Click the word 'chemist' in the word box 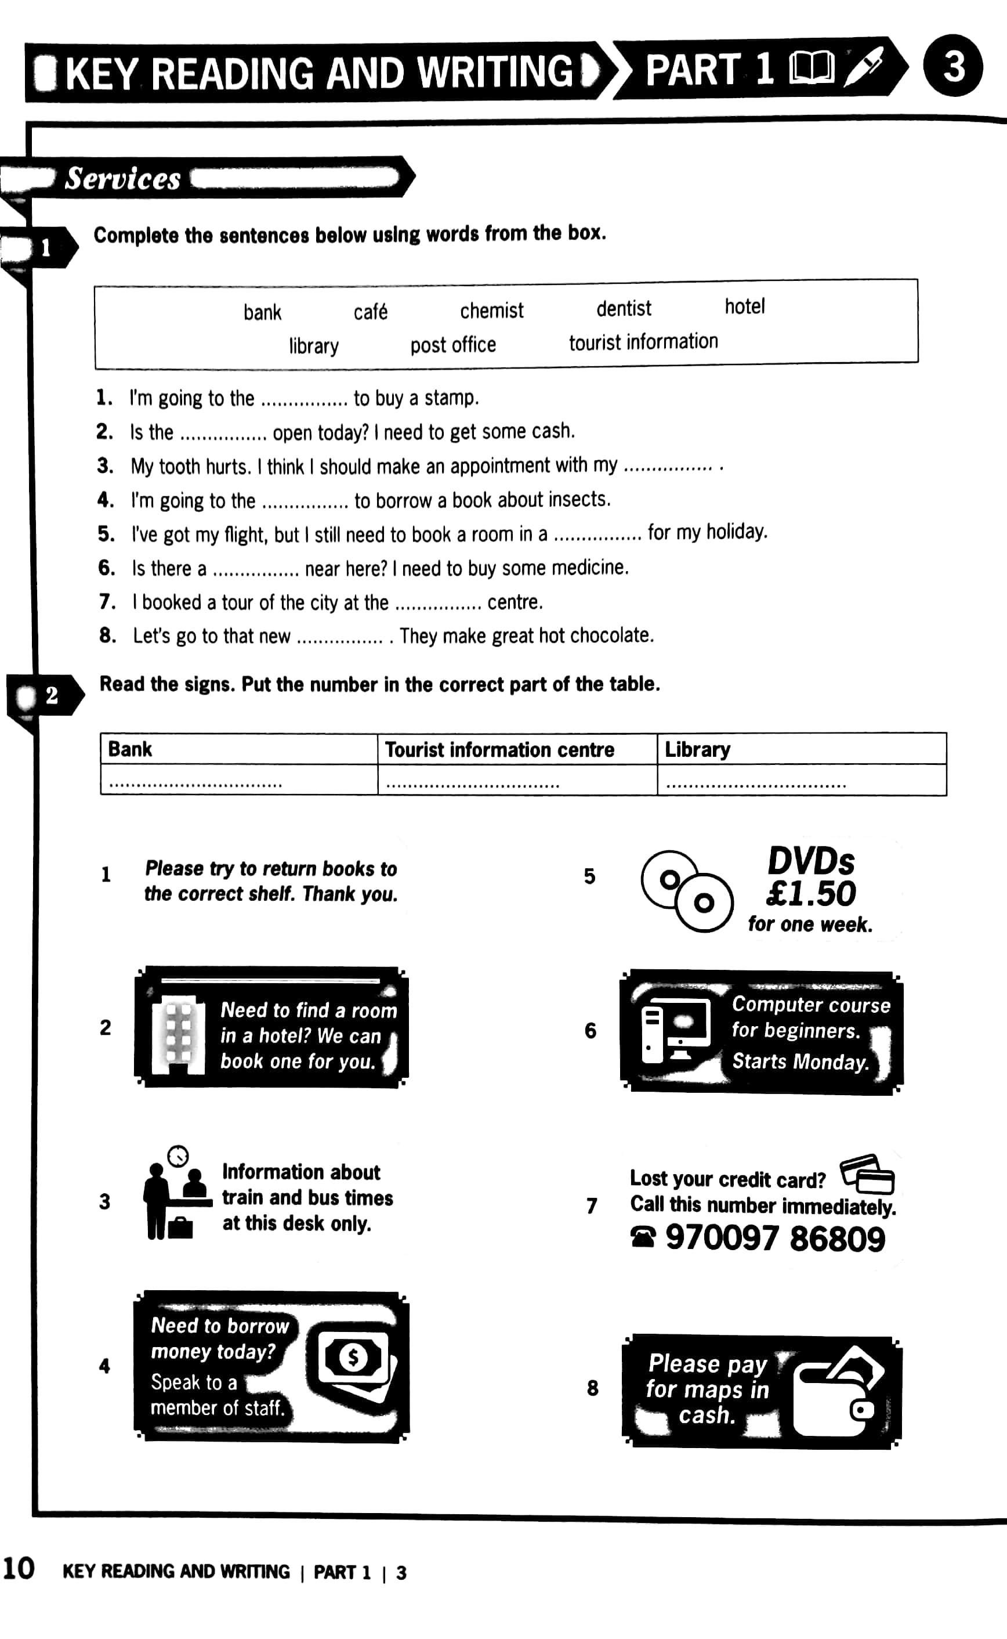tap(491, 311)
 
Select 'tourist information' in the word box tap(643, 342)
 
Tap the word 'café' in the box tap(370, 312)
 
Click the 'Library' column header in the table tap(697, 749)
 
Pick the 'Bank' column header tap(130, 749)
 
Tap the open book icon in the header tap(810, 68)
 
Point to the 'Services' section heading tap(122, 179)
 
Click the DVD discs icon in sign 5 tap(687, 891)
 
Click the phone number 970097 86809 tap(774, 1239)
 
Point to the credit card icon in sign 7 tap(867, 1175)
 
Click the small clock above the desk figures tap(178, 1156)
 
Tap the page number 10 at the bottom tap(19, 1569)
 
